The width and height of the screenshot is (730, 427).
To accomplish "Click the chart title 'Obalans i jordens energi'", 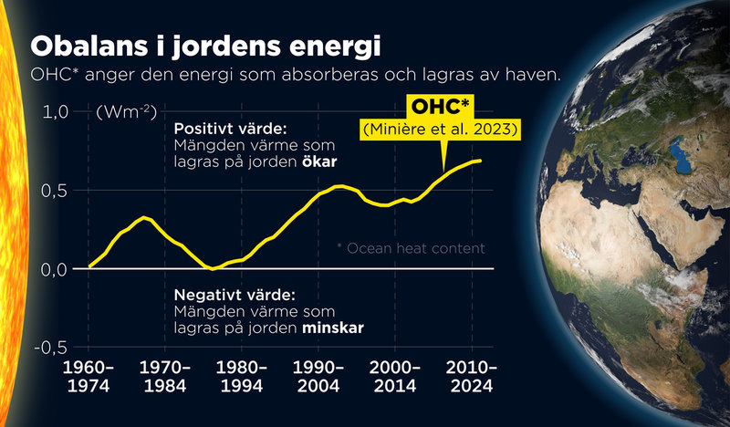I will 205,46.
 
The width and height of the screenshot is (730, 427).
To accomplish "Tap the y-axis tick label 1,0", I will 55,112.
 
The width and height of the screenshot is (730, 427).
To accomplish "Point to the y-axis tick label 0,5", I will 55,191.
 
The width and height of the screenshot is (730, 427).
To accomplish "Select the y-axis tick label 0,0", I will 55,269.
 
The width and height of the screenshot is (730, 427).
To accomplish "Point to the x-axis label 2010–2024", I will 471,375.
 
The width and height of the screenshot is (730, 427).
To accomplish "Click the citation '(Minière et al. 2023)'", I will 441,131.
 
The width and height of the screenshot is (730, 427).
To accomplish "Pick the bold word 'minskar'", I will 336,326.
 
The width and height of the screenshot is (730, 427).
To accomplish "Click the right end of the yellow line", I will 481,161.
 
